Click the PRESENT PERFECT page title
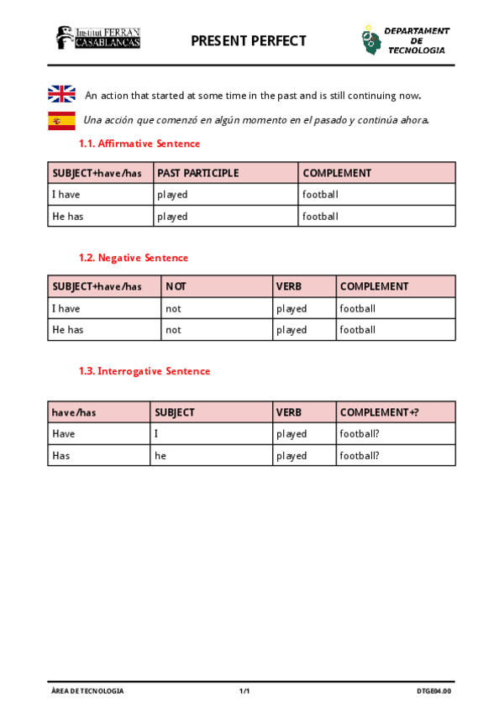point(249,40)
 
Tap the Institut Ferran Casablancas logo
point(97,38)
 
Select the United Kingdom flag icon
point(62,95)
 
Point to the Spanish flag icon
point(62,120)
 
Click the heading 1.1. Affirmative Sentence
point(139,144)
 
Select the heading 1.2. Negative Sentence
point(134,258)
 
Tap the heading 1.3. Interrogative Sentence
point(144,371)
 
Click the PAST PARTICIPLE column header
point(198,173)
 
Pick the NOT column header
point(176,286)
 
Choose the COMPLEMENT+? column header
point(379,412)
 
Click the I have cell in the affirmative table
point(66,195)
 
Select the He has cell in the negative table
point(68,330)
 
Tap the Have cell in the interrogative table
point(64,434)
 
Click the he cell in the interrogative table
point(160,456)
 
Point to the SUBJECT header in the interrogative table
point(175,412)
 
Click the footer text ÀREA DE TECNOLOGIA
point(87,691)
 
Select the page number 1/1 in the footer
point(245,691)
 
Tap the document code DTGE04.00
point(433,691)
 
